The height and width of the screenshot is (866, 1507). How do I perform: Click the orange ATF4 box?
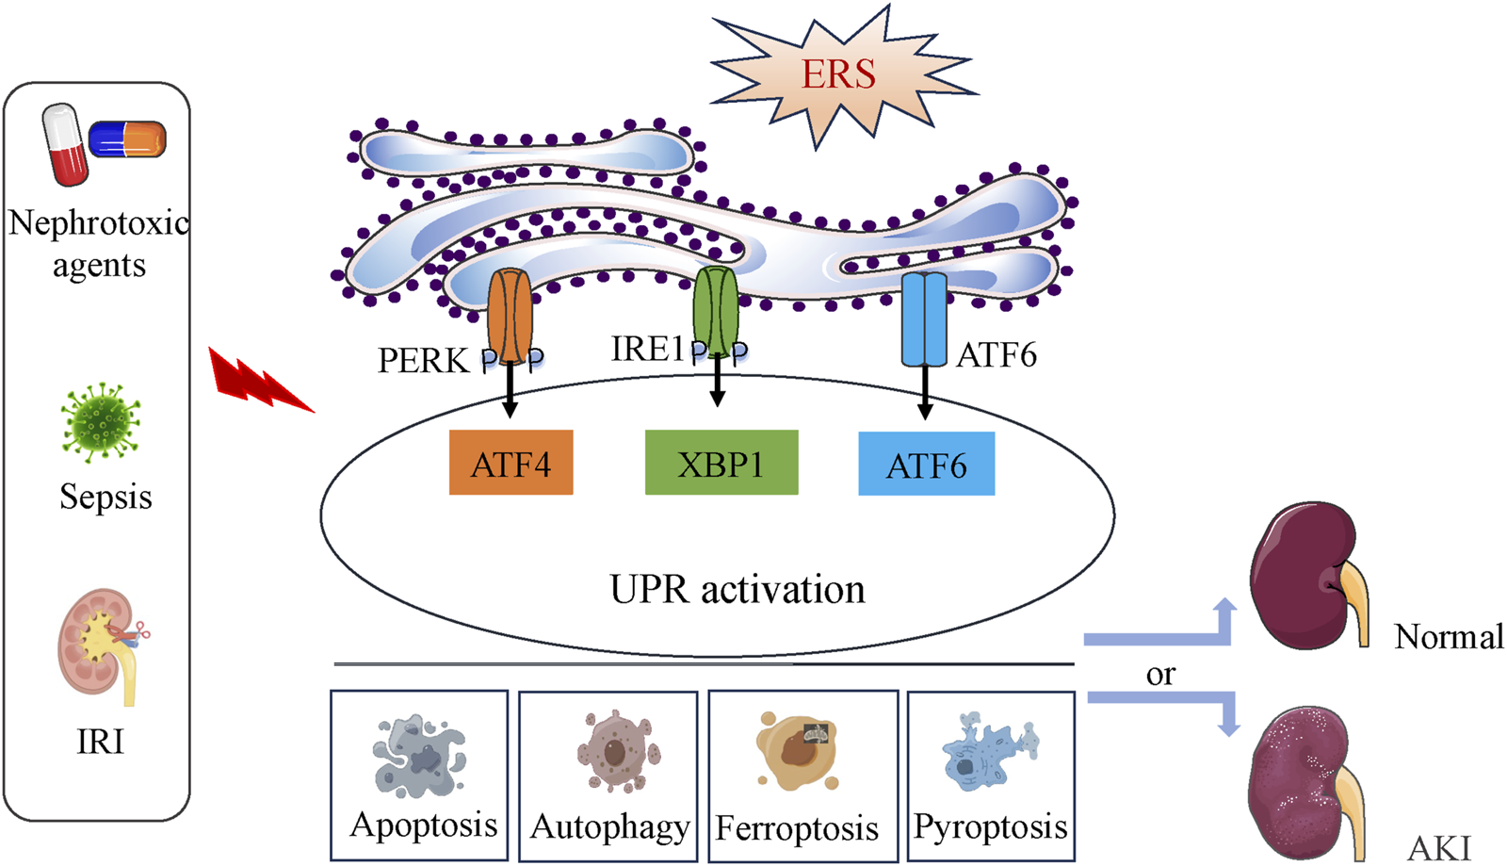tap(510, 463)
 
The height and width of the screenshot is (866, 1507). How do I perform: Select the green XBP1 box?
tap(721, 463)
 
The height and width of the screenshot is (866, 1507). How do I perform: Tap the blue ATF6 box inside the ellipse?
tap(926, 464)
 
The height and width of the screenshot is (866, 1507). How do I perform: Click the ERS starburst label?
tap(838, 74)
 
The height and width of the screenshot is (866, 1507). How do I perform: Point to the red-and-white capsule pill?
tap(65, 144)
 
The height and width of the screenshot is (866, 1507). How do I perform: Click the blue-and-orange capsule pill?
tap(127, 139)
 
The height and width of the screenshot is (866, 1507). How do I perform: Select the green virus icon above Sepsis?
tap(101, 422)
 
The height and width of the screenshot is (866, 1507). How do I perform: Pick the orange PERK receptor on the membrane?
tap(510, 316)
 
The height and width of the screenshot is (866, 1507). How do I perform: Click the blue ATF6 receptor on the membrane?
tap(924, 319)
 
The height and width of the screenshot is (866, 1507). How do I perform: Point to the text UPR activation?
tap(737, 589)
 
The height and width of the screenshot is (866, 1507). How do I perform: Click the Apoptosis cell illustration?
tap(420, 755)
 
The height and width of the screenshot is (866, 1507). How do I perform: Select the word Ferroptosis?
tap(797, 828)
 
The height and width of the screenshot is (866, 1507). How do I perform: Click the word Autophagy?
tap(609, 826)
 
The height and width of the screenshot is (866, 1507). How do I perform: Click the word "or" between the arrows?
tap(1160, 674)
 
